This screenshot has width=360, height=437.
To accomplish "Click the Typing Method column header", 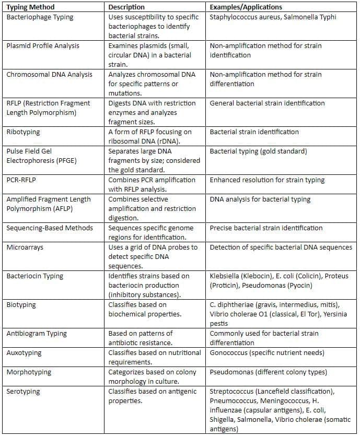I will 30,7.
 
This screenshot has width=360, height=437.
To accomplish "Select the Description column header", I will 126,7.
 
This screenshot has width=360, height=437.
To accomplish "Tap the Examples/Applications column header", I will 246,7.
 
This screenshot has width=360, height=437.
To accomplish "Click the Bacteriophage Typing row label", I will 40,17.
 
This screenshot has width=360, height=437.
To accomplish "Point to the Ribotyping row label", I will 24,132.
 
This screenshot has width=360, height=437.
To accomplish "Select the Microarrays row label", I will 25,247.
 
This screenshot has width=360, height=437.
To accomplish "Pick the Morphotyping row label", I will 29,372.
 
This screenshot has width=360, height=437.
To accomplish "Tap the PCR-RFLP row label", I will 22,180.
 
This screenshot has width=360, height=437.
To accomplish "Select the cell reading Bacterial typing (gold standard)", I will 258,151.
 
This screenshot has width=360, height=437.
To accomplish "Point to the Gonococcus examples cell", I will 266,353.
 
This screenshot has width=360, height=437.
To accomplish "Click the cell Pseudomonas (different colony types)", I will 269,372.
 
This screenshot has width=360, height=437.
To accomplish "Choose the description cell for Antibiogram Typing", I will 141,338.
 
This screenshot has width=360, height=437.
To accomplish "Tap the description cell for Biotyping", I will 137,309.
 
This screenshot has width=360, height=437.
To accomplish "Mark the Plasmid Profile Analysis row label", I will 43,46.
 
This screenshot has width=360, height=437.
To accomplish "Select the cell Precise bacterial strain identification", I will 266,228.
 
